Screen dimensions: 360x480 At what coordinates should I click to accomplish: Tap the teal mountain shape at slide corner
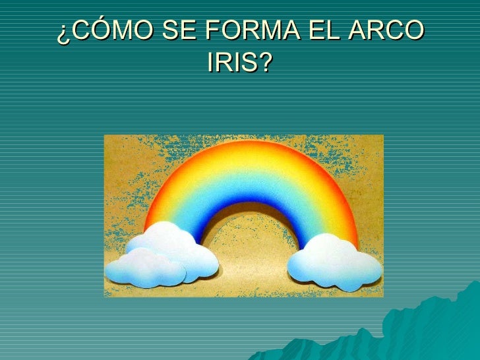click(x=422, y=330)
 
